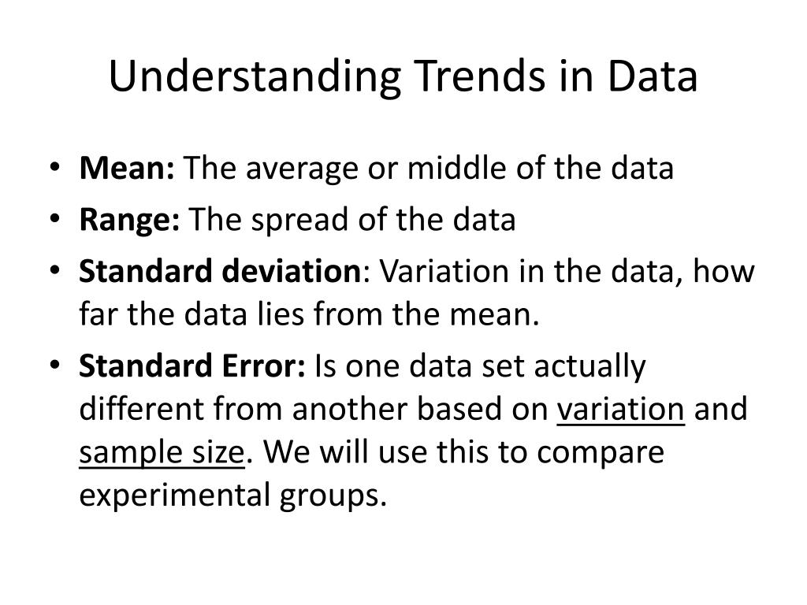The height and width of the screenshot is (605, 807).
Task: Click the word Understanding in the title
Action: coord(255,77)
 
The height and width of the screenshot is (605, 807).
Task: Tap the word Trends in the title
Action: coord(480,76)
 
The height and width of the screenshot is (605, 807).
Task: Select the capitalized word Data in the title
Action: coord(652,76)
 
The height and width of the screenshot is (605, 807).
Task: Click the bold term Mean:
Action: coord(127,168)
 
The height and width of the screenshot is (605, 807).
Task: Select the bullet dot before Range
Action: coord(55,219)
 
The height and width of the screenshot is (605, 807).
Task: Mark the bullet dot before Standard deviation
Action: coord(55,270)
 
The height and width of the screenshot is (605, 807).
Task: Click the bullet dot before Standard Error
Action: coord(55,365)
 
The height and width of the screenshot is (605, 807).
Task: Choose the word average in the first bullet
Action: coord(302,170)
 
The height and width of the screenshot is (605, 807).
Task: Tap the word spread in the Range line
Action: coord(299,221)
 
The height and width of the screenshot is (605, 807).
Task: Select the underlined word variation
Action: coord(621,410)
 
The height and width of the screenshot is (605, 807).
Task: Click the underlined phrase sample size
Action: coord(162,454)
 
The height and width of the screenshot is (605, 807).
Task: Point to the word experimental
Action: coord(175,496)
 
